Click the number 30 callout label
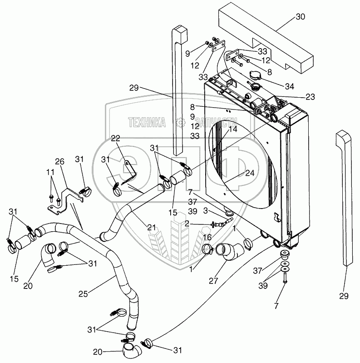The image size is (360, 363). [x=300, y=17]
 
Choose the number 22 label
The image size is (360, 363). [x=116, y=138]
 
